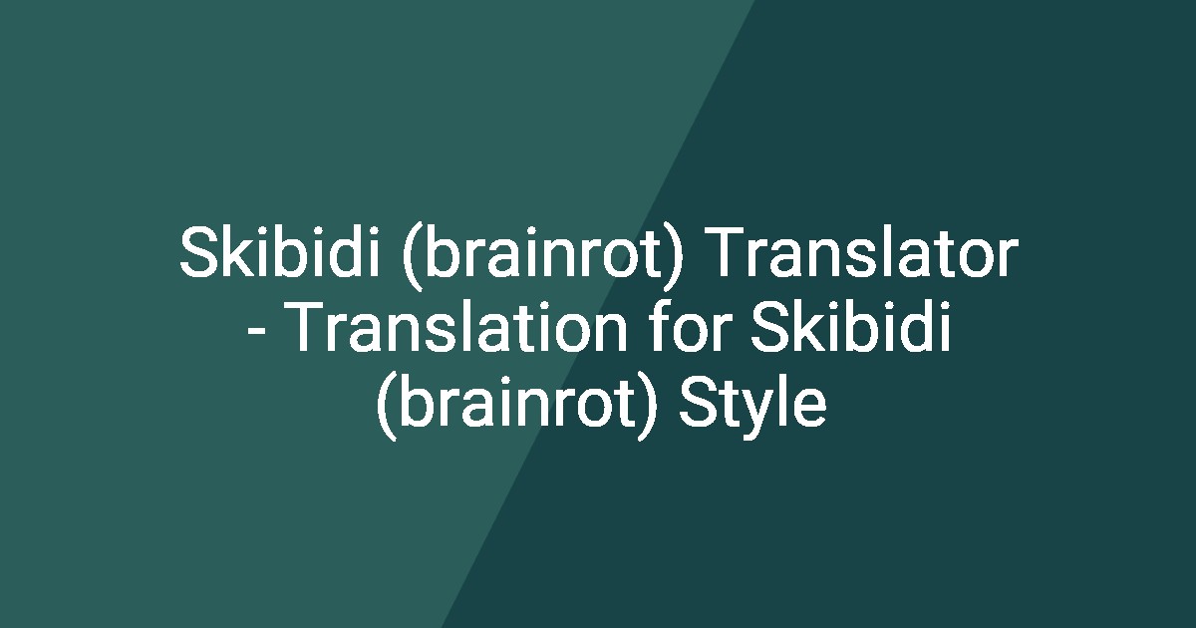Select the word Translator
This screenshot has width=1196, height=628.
[x=866, y=255]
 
